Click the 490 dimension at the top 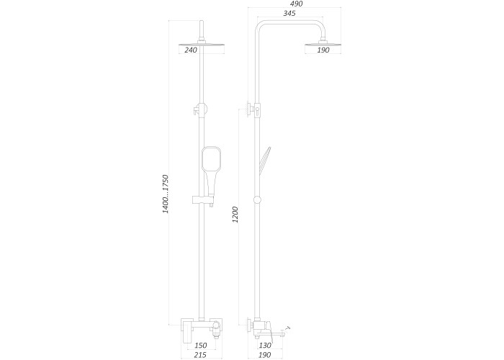pyautogui.click(x=297, y=4)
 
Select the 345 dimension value pyautogui.click(x=289, y=13)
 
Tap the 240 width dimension pyautogui.click(x=191, y=50)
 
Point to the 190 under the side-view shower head pyautogui.click(x=323, y=50)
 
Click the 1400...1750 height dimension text pyautogui.click(x=166, y=194)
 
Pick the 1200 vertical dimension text pyautogui.click(x=235, y=215)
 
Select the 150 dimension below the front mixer pyautogui.click(x=201, y=346)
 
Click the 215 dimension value pyautogui.click(x=200, y=355)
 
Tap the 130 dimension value pyautogui.click(x=265, y=346)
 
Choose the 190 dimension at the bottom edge pyautogui.click(x=264, y=355)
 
